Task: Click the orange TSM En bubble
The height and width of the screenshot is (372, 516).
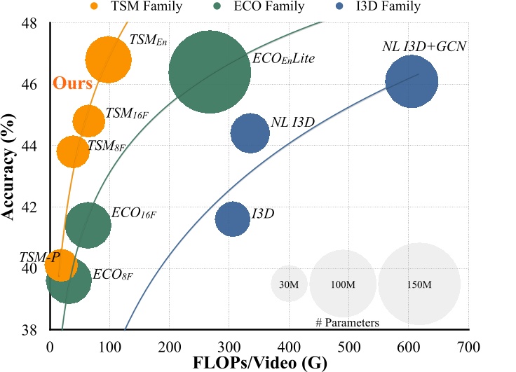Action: pyautogui.click(x=109, y=60)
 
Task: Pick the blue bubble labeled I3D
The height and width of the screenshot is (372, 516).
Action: pyautogui.click(x=232, y=219)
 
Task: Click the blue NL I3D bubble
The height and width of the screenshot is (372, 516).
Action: pyautogui.click(x=250, y=132)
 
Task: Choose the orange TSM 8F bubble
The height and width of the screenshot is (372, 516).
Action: pyautogui.click(x=73, y=151)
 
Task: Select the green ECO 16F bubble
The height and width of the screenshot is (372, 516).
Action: pyautogui.click(x=88, y=225)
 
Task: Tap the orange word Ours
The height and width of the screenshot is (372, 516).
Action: pyautogui.click(x=74, y=84)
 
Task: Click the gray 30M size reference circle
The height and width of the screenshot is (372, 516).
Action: pyautogui.click(x=290, y=284)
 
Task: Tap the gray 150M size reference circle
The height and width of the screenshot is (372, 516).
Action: pyautogui.click(x=419, y=284)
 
